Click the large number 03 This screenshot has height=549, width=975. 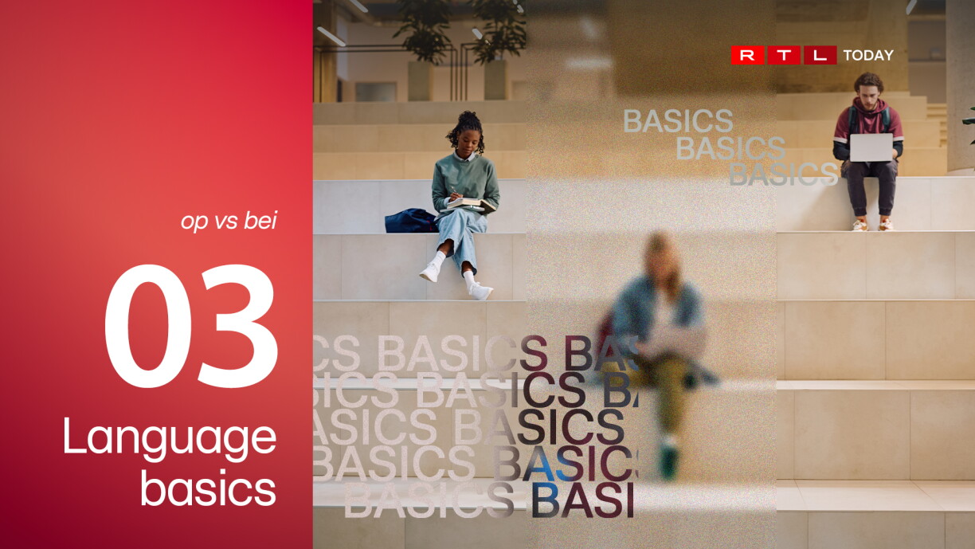pyautogui.click(x=191, y=326)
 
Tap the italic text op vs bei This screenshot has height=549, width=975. pyautogui.click(x=229, y=220)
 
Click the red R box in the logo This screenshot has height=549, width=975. pyautogui.click(x=747, y=55)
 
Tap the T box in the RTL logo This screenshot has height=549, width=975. pyautogui.click(x=784, y=55)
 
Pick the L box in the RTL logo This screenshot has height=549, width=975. pyautogui.click(x=820, y=55)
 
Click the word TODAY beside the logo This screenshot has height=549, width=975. pyautogui.click(x=868, y=55)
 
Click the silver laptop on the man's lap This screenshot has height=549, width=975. pyautogui.click(x=871, y=147)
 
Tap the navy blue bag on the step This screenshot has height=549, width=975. pyautogui.click(x=410, y=221)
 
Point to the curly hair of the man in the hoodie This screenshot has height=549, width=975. pyautogui.click(x=869, y=81)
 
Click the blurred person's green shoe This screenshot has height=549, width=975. pyautogui.click(x=668, y=461)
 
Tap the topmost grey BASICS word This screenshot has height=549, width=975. pyautogui.click(x=678, y=120)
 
